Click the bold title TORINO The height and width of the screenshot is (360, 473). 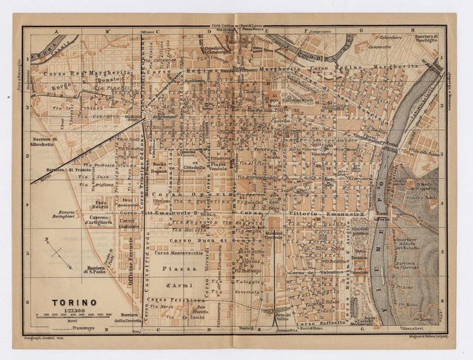pos(73,302)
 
